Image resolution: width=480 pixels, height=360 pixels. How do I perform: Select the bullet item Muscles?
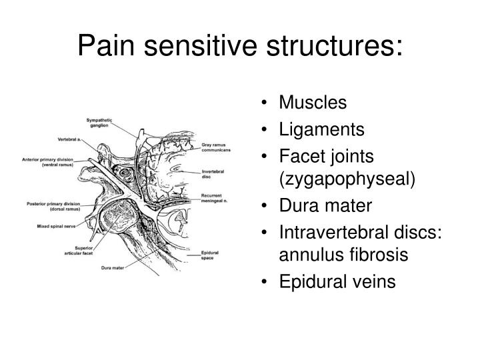[x=313, y=103]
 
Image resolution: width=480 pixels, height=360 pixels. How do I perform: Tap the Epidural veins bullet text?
[x=337, y=281]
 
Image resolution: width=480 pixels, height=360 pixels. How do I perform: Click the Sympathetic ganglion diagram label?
[x=99, y=123]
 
